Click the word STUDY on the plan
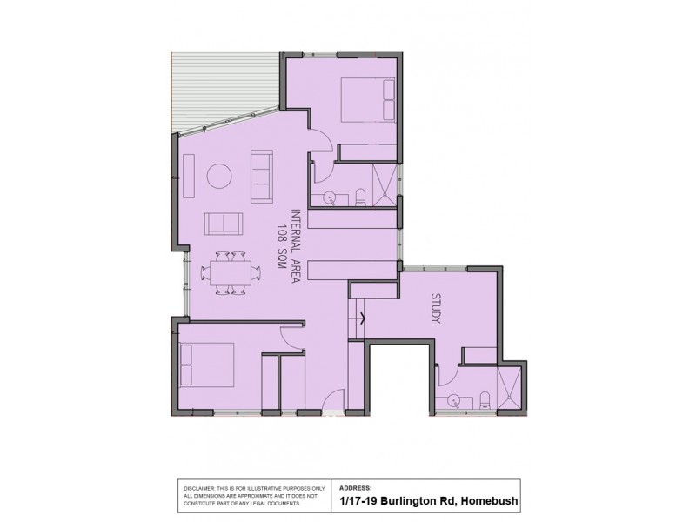436,309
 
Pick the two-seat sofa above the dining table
224,223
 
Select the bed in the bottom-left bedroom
207,365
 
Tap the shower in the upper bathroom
385,184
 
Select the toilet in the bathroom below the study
485,399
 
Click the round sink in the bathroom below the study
454,401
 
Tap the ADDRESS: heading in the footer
355,487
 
